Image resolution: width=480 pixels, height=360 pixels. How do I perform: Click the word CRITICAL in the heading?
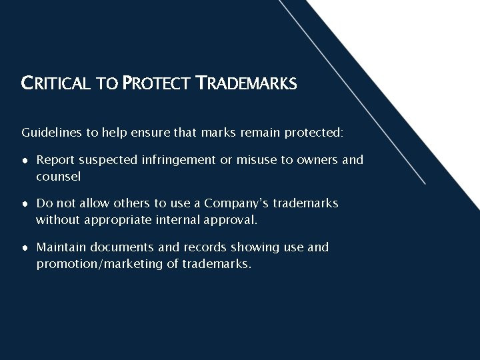click(x=59, y=85)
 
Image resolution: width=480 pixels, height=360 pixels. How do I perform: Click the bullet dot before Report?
click(x=25, y=160)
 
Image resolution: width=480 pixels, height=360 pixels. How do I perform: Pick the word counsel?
click(x=58, y=177)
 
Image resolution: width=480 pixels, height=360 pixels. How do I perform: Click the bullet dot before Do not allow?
click(x=25, y=203)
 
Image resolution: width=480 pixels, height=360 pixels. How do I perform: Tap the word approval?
click(x=233, y=219)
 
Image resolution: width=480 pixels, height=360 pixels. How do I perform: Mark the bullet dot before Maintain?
click(x=25, y=247)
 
